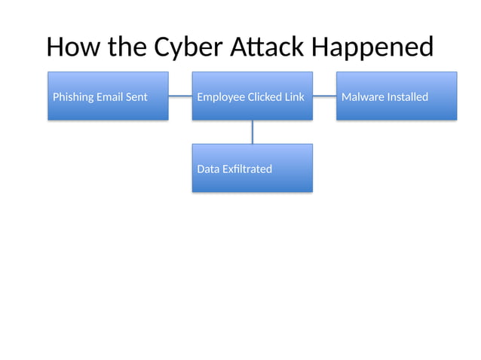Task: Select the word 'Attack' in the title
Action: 263,47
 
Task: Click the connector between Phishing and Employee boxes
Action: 180,96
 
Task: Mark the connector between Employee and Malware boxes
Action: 324,96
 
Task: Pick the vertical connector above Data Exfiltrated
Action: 252,132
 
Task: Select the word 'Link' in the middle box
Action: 294,97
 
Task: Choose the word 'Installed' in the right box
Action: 407,97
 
